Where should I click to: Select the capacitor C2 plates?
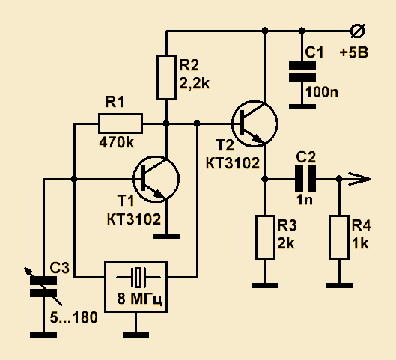coord(305,179)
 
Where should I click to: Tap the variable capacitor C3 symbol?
coord(43,287)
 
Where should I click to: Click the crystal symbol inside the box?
coord(138,277)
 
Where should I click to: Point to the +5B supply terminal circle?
coord(358,31)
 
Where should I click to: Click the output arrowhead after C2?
coord(360,179)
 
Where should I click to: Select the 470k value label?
coord(116,143)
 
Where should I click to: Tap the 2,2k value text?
coord(194,83)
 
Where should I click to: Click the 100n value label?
coord(321,92)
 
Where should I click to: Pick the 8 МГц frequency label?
coord(139,299)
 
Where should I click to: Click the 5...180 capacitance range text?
coord(74,317)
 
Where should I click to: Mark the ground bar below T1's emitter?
coord(166,236)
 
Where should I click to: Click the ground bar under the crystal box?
coord(136,335)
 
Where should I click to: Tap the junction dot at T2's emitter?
coord(265,179)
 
